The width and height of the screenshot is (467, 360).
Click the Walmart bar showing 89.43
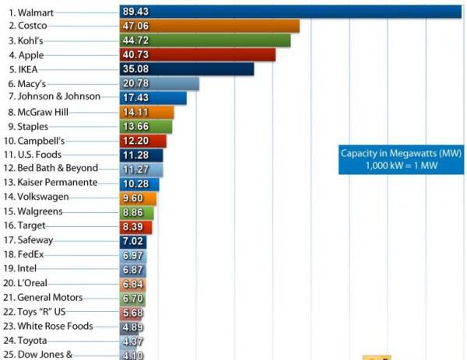pyautogui.click(x=291, y=11)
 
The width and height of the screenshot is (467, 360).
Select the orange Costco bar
pyautogui.click(x=210, y=26)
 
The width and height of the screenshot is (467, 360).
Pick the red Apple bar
pyautogui.click(x=198, y=54)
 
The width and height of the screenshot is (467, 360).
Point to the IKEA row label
pyautogui.click(x=23, y=69)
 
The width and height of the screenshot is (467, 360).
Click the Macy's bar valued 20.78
pyautogui.click(x=160, y=83)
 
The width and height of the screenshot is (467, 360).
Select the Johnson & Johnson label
pyautogui.click(x=54, y=96)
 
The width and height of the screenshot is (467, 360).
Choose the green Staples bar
pyautogui.click(x=146, y=126)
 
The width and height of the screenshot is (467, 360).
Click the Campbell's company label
pyautogui.click(x=34, y=141)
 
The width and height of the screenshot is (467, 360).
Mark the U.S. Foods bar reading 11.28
pyautogui.click(x=142, y=155)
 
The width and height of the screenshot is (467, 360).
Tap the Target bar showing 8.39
pyautogui.click(x=136, y=226)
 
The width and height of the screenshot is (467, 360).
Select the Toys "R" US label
pyautogui.click(x=37, y=312)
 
